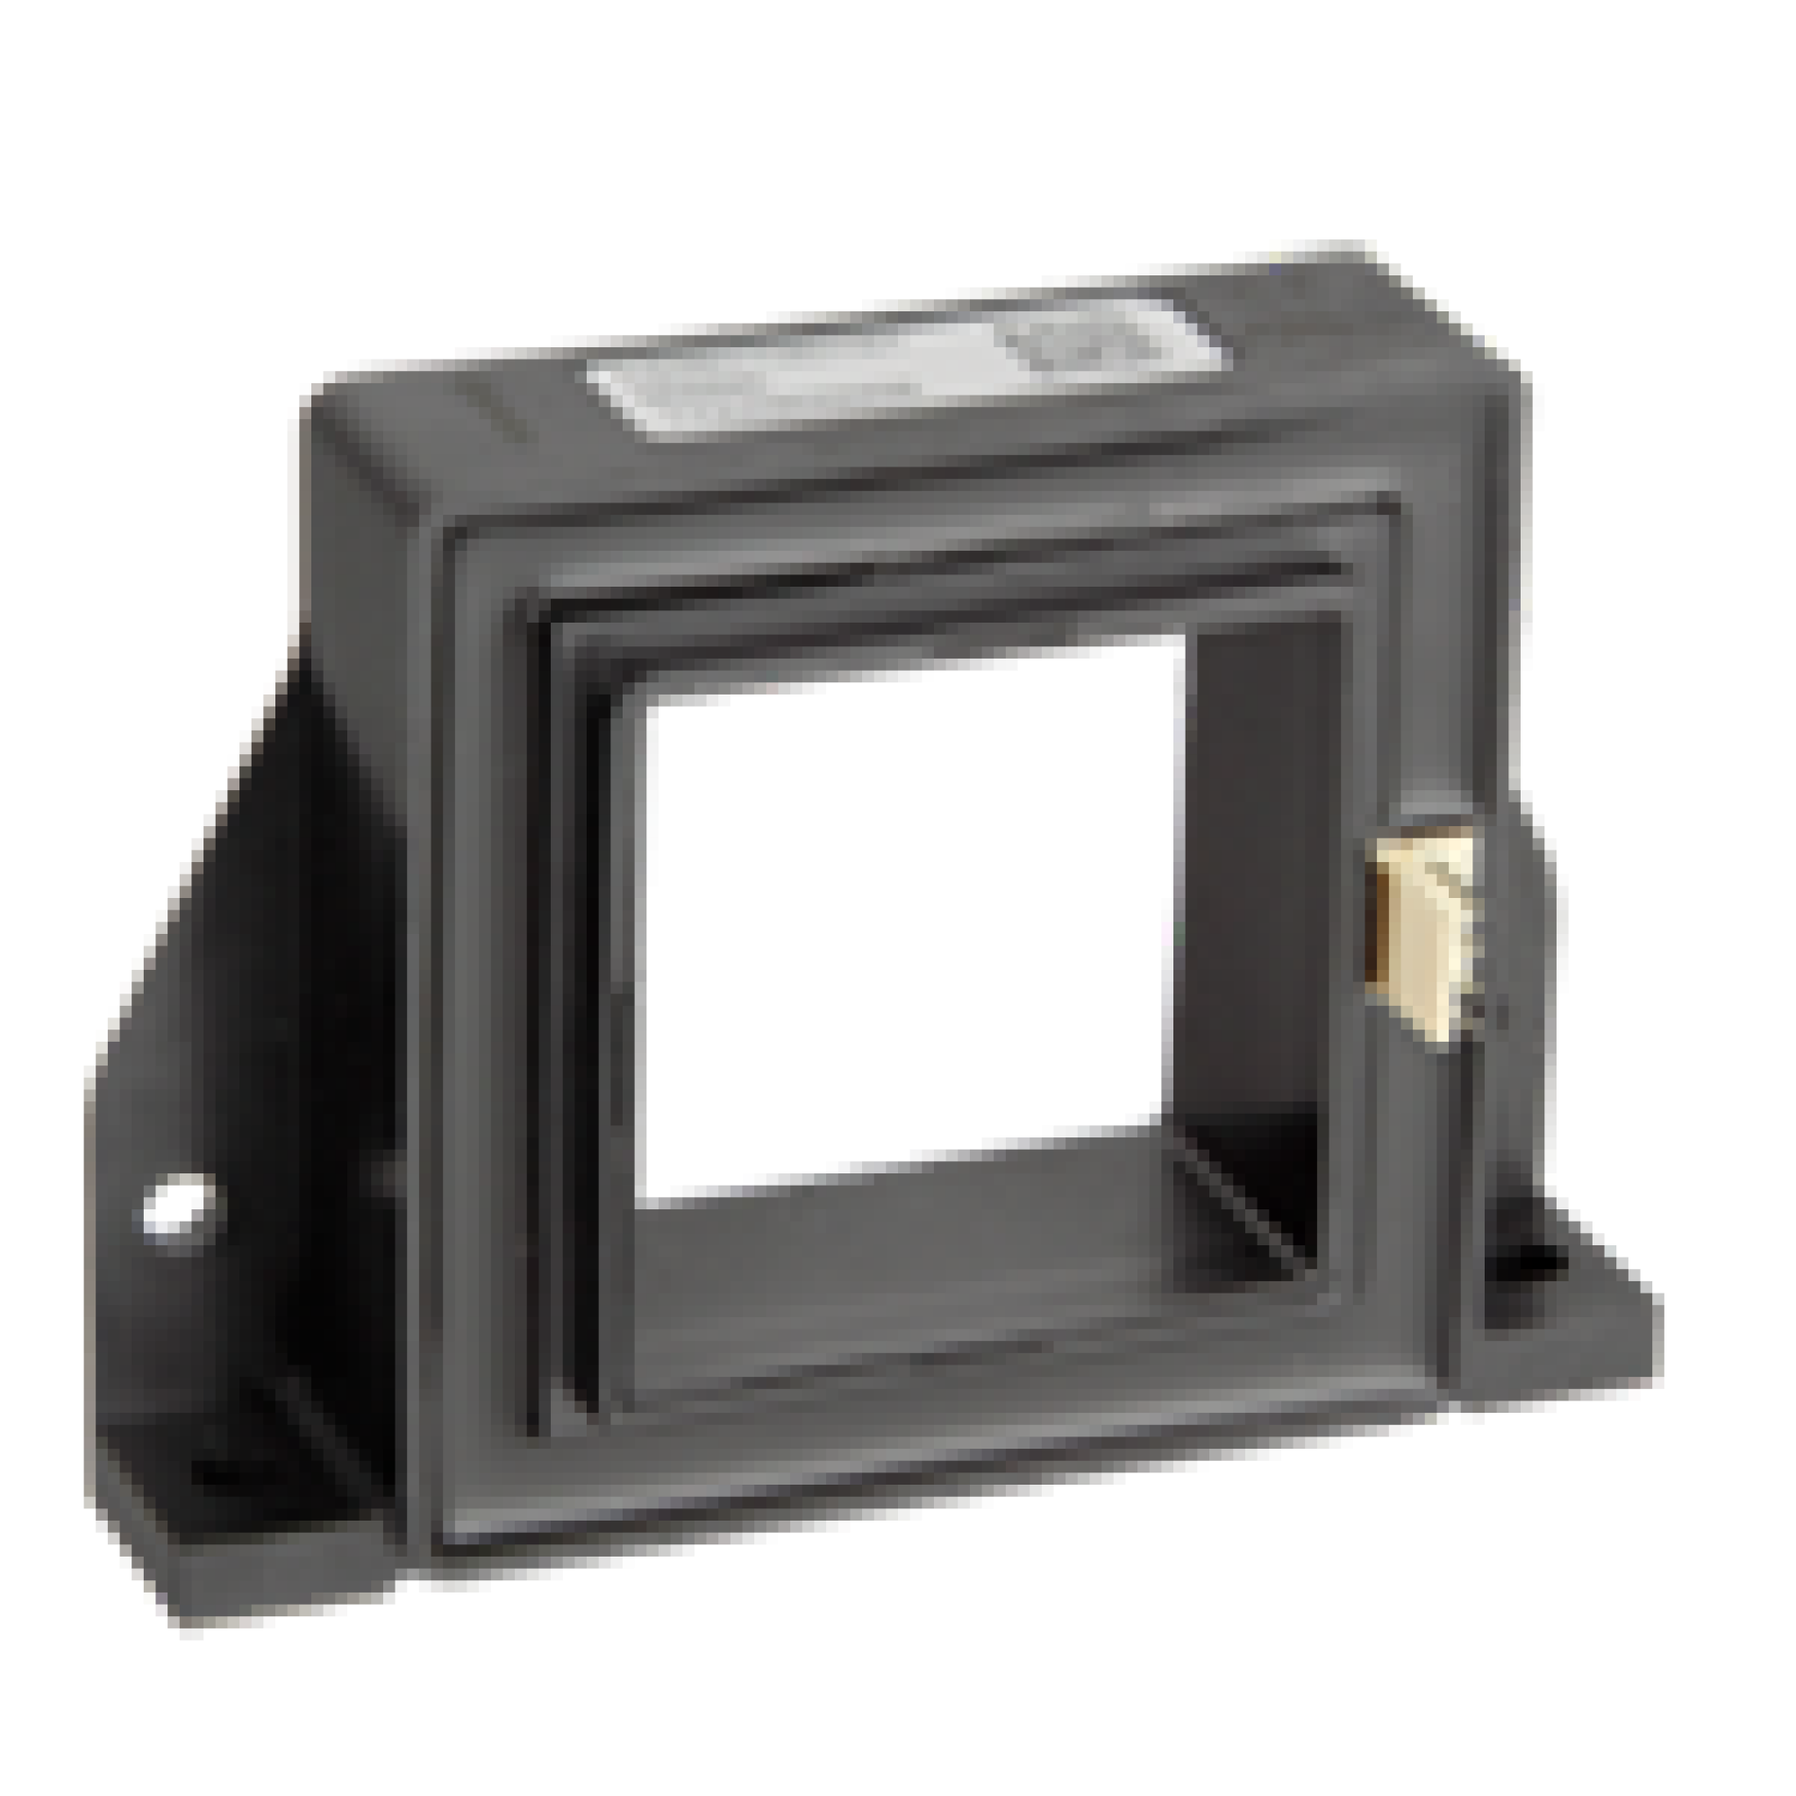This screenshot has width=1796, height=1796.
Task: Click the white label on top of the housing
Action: click(893, 372)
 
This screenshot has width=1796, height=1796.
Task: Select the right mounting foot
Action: click(1562, 1320)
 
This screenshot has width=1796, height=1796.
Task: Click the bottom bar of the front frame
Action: click(930, 1469)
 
